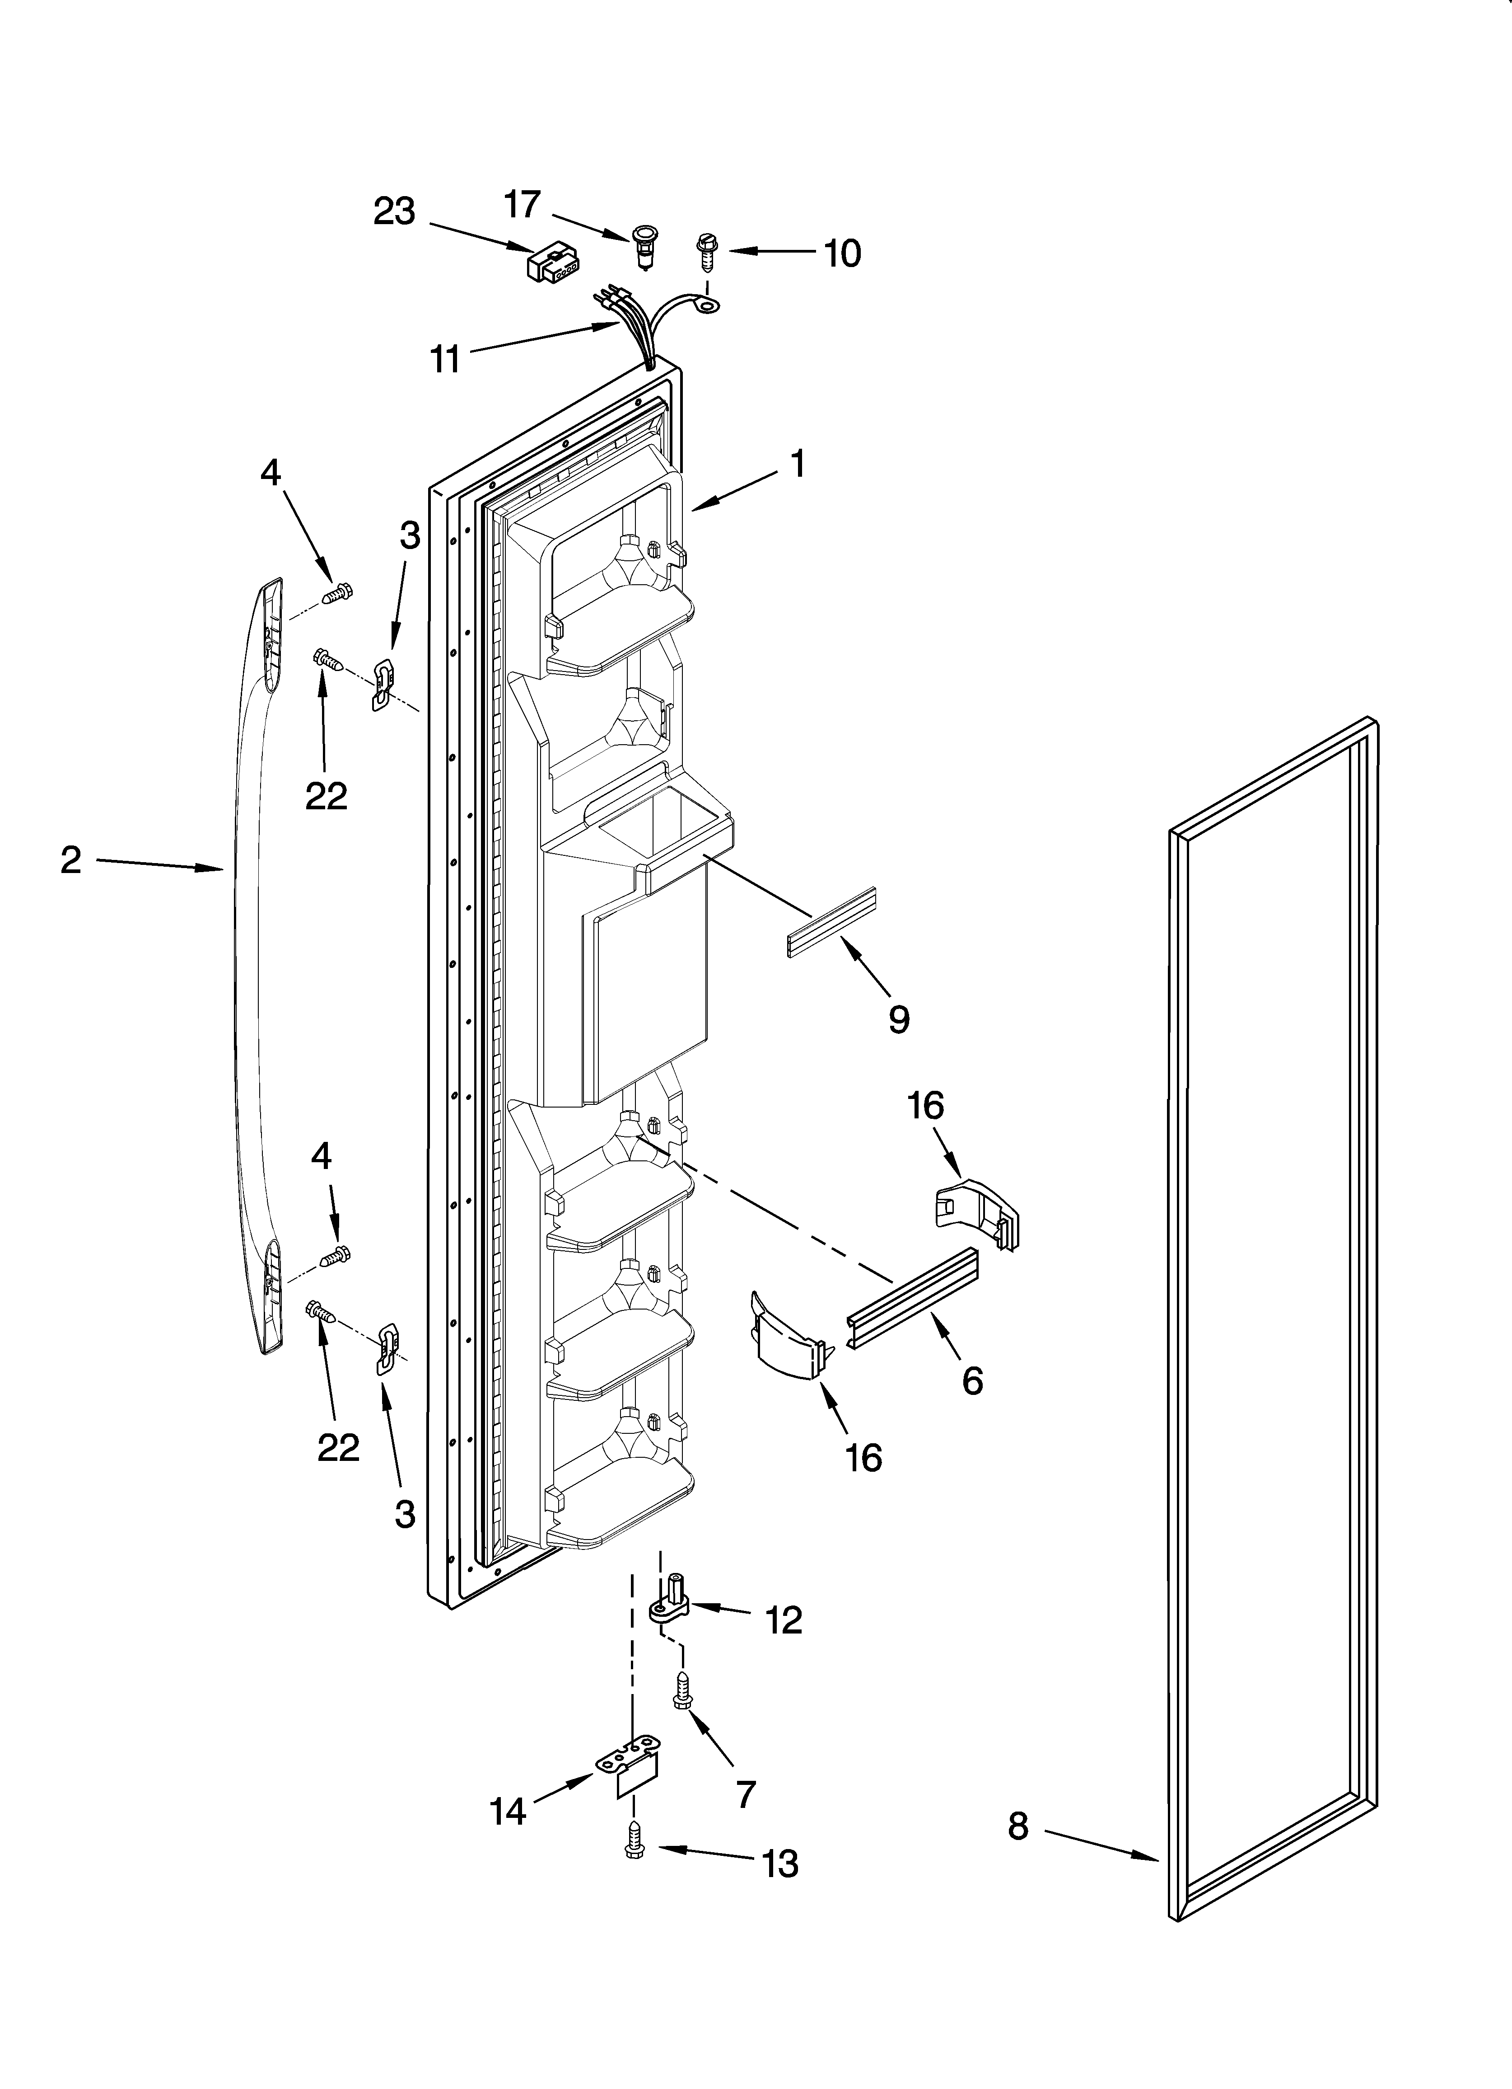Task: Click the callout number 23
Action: point(394,212)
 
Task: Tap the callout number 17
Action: point(522,205)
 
